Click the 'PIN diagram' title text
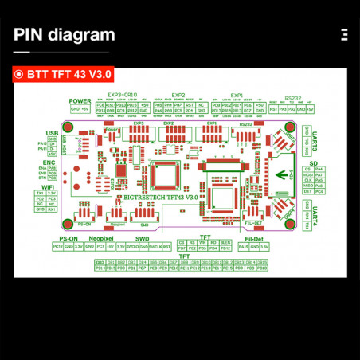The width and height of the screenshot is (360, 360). [65, 35]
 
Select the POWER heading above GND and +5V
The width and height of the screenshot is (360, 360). [80, 100]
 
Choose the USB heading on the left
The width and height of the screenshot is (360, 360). [53, 133]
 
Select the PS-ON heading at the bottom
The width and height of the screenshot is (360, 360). [68, 238]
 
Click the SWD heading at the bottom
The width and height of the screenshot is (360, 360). [143, 238]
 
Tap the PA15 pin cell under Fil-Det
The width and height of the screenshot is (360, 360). [243, 247]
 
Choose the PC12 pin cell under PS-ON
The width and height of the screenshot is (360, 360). [57, 247]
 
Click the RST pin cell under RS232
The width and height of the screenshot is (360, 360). [274, 109]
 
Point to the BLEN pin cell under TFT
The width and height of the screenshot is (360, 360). [225, 241]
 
